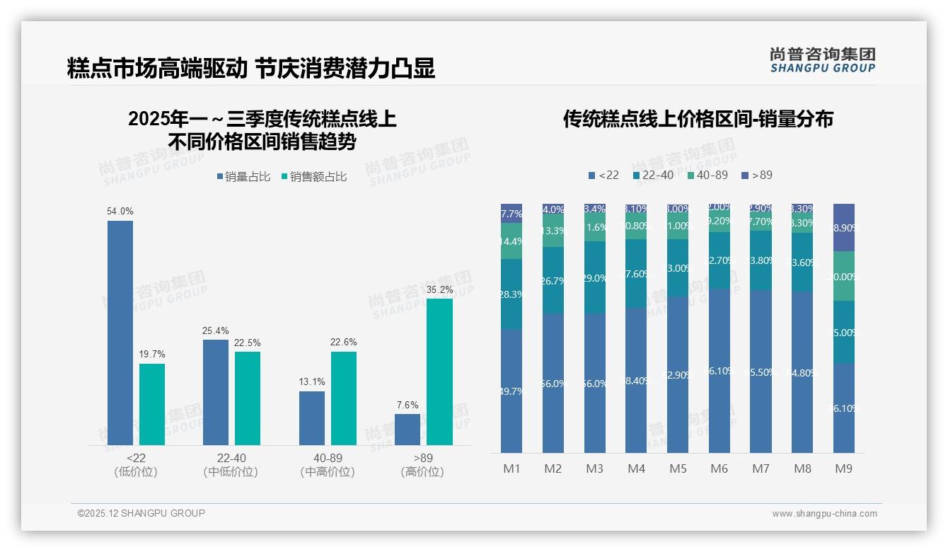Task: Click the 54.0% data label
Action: click(x=120, y=211)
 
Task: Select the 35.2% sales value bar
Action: click(x=439, y=372)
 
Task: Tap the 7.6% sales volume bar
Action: click(x=407, y=430)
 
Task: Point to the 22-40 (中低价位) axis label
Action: click(x=231, y=465)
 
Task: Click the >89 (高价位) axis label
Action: click(x=422, y=465)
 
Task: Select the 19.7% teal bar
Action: click(x=152, y=404)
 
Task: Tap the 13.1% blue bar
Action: click(x=311, y=418)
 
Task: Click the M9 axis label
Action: click(x=843, y=468)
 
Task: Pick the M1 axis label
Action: click(x=511, y=468)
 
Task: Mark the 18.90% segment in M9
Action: click(x=844, y=228)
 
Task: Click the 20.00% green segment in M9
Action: click(x=844, y=276)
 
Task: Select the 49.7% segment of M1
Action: click(x=511, y=391)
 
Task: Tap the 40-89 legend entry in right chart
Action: click(x=707, y=175)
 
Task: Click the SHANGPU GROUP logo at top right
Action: click(x=823, y=61)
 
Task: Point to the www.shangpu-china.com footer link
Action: click(x=824, y=514)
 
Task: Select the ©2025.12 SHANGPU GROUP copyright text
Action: click(x=141, y=514)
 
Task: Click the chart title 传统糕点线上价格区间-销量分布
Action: click(x=698, y=119)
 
